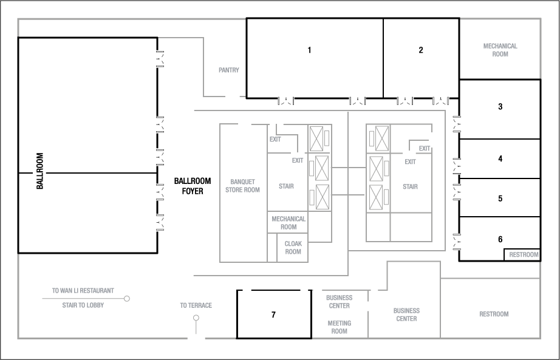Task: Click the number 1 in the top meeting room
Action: coord(309,50)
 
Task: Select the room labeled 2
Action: coord(421,50)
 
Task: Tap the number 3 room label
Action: coord(500,107)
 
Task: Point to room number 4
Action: coord(500,159)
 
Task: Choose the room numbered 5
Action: coord(500,199)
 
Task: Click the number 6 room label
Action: coord(500,239)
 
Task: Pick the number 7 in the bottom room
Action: coord(273,314)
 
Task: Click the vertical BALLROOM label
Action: coord(40,171)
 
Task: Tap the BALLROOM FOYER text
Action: coord(193,185)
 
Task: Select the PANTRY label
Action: coord(229,70)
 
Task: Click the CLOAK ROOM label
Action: coord(293,248)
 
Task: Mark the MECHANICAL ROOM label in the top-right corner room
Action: coord(500,50)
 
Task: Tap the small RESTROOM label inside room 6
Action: coord(524,255)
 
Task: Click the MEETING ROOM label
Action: coord(339,327)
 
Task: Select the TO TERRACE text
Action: coord(196,305)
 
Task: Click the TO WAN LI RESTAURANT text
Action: coord(83,291)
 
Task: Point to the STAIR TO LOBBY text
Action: coord(83,305)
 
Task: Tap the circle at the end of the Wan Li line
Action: coord(127,299)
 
